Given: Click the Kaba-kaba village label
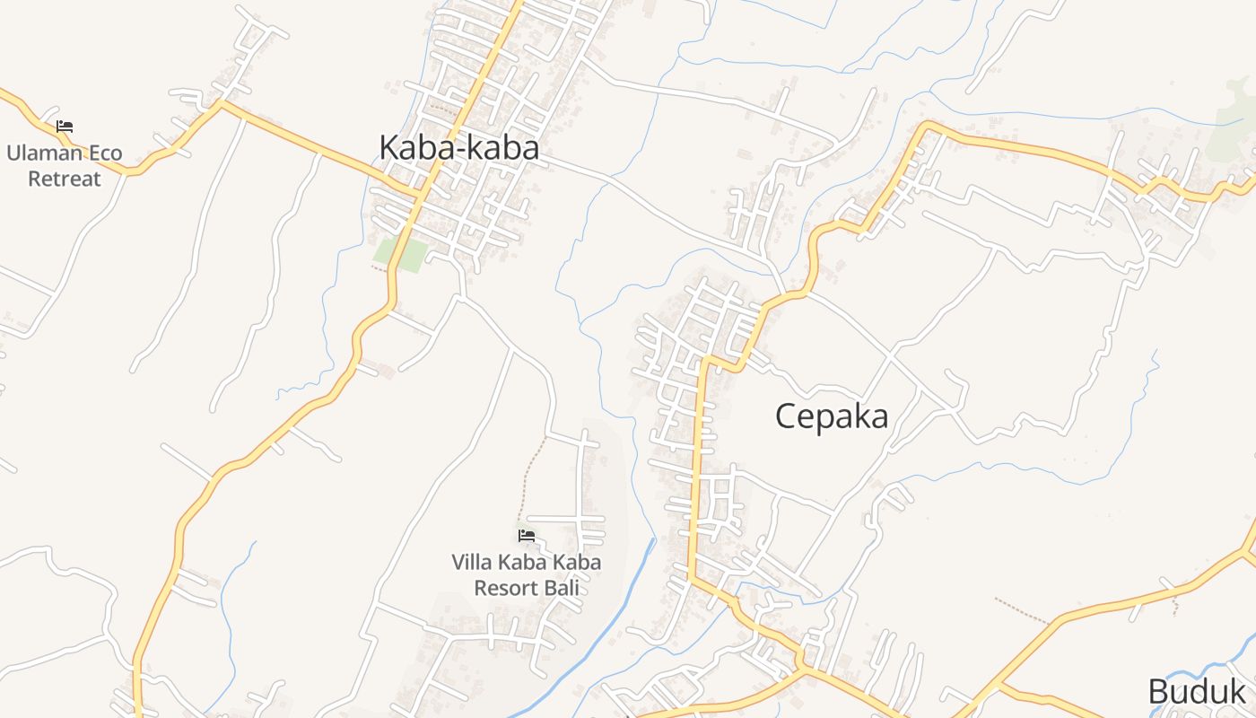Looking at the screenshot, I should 458,147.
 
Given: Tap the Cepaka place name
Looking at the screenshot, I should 832,416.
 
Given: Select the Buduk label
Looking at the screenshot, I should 1197,691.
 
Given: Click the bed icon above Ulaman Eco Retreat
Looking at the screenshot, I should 65,127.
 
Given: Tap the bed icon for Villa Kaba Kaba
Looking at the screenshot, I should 527,536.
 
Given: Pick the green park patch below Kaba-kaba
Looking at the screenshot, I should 400,255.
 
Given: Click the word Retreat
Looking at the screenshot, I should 65,178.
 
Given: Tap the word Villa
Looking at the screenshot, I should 470,563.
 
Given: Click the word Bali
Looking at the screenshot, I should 565,588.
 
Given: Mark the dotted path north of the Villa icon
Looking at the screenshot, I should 533,476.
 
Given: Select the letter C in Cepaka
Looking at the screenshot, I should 786,416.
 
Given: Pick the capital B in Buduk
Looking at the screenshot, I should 1159,691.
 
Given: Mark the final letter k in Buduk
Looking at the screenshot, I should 1238,691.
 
